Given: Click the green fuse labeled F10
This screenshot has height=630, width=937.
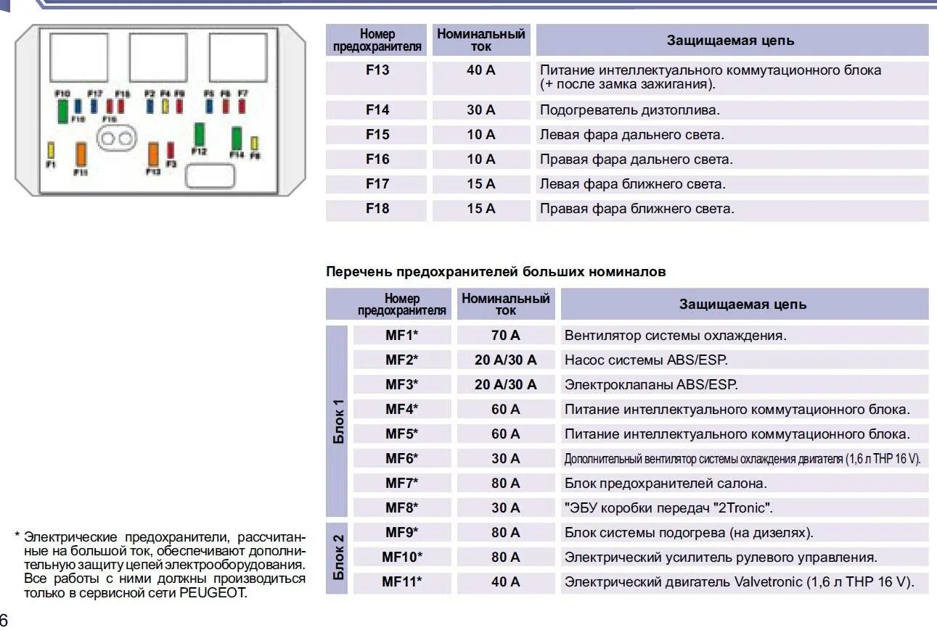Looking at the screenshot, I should (63, 110).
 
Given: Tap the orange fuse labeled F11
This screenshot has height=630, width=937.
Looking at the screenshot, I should (81, 154).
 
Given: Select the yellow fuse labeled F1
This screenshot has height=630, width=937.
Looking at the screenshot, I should (51, 150).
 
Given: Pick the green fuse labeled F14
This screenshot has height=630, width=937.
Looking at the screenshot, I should (237, 138).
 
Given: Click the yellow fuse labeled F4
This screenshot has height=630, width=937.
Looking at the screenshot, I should (165, 107).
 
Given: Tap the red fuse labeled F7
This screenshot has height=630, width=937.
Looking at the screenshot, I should (242, 107).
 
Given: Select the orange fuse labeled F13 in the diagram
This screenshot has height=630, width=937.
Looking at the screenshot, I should (153, 154).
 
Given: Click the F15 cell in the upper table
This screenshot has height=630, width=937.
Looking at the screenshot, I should (377, 135).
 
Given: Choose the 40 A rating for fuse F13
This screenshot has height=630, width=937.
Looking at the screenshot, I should (480, 71).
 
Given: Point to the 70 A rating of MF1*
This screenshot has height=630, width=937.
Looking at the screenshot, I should (505, 336).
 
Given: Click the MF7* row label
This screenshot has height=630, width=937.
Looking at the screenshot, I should (401, 483).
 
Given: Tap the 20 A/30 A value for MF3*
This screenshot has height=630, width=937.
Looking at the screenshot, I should (505, 385).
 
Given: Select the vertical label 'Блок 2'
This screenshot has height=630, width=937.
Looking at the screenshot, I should (338, 558).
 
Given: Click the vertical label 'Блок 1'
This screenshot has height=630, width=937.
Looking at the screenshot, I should (338, 420).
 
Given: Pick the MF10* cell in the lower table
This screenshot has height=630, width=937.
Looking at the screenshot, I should (401, 558).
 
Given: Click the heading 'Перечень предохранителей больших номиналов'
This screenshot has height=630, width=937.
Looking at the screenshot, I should (496, 272).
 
